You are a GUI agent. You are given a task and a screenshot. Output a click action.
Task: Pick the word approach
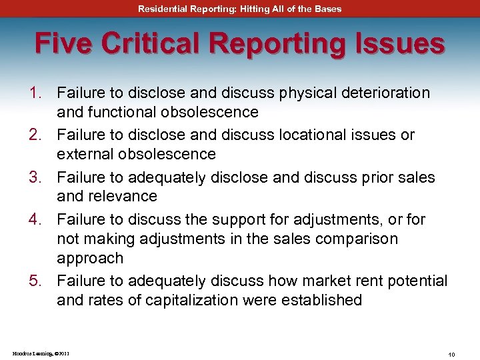tap(90, 258)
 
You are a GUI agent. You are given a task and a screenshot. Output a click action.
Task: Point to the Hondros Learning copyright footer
tap(41, 353)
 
